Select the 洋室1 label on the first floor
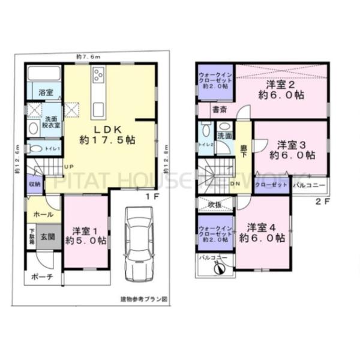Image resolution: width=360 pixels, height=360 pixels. pyautogui.click(x=86, y=235)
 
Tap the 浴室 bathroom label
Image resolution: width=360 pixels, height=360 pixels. pyautogui.click(x=46, y=92)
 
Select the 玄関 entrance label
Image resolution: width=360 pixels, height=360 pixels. pyautogui.click(x=47, y=237)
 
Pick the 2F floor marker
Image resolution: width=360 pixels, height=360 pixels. pyautogui.click(x=323, y=201)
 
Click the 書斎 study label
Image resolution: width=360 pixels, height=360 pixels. pyautogui.click(x=219, y=110)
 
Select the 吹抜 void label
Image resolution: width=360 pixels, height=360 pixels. pyautogui.click(x=215, y=203)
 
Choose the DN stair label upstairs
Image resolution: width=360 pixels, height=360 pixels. pyautogui.click(x=235, y=184)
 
